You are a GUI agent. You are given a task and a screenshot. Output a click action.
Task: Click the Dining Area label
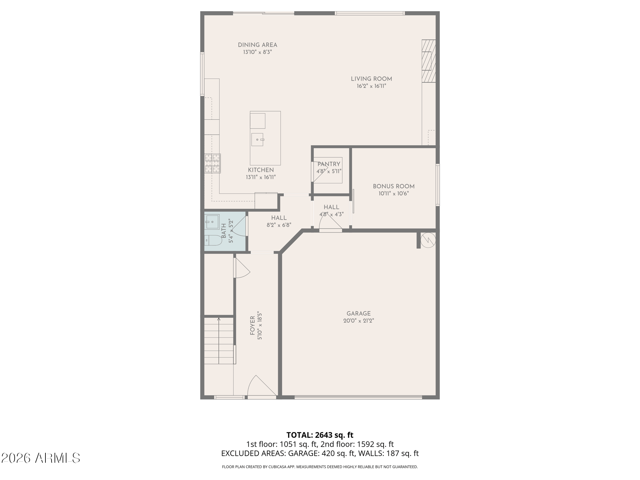pyautogui.click(x=257, y=45)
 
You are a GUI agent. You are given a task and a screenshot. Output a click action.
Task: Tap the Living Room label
pyautogui.click(x=371, y=79)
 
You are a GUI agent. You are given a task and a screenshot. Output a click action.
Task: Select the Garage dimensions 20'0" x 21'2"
pyautogui.click(x=358, y=321)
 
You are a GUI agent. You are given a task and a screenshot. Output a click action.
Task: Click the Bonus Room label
pyautogui.click(x=394, y=187)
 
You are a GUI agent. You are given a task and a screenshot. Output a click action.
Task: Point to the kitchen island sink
pyautogui.click(x=257, y=140)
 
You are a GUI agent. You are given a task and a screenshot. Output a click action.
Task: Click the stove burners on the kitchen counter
pyautogui.click(x=213, y=164)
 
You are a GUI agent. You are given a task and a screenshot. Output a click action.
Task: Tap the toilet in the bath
pyautogui.click(x=213, y=240)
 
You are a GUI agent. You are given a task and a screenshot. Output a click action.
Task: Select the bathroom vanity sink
pyautogui.click(x=212, y=222)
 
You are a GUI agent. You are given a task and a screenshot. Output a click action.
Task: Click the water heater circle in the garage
pyautogui.click(x=428, y=240)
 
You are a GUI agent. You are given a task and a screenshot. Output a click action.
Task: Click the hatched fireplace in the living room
pyautogui.click(x=429, y=61)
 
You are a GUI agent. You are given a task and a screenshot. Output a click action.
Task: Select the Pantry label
pyautogui.click(x=329, y=164)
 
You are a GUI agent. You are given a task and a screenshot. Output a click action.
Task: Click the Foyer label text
pyautogui.click(x=252, y=326)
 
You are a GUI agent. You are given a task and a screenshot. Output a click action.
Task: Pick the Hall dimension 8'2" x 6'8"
pyautogui.click(x=279, y=225)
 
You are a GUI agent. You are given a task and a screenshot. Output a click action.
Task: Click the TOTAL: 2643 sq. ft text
pyautogui.click(x=320, y=435)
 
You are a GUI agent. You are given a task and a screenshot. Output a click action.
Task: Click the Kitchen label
pyautogui.click(x=261, y=170)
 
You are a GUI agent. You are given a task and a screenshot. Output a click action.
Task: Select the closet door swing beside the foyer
pyautogui.click(x=243, y=268)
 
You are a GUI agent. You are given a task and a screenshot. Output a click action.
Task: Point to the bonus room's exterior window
pyautogui.click(x=438, y=185)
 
